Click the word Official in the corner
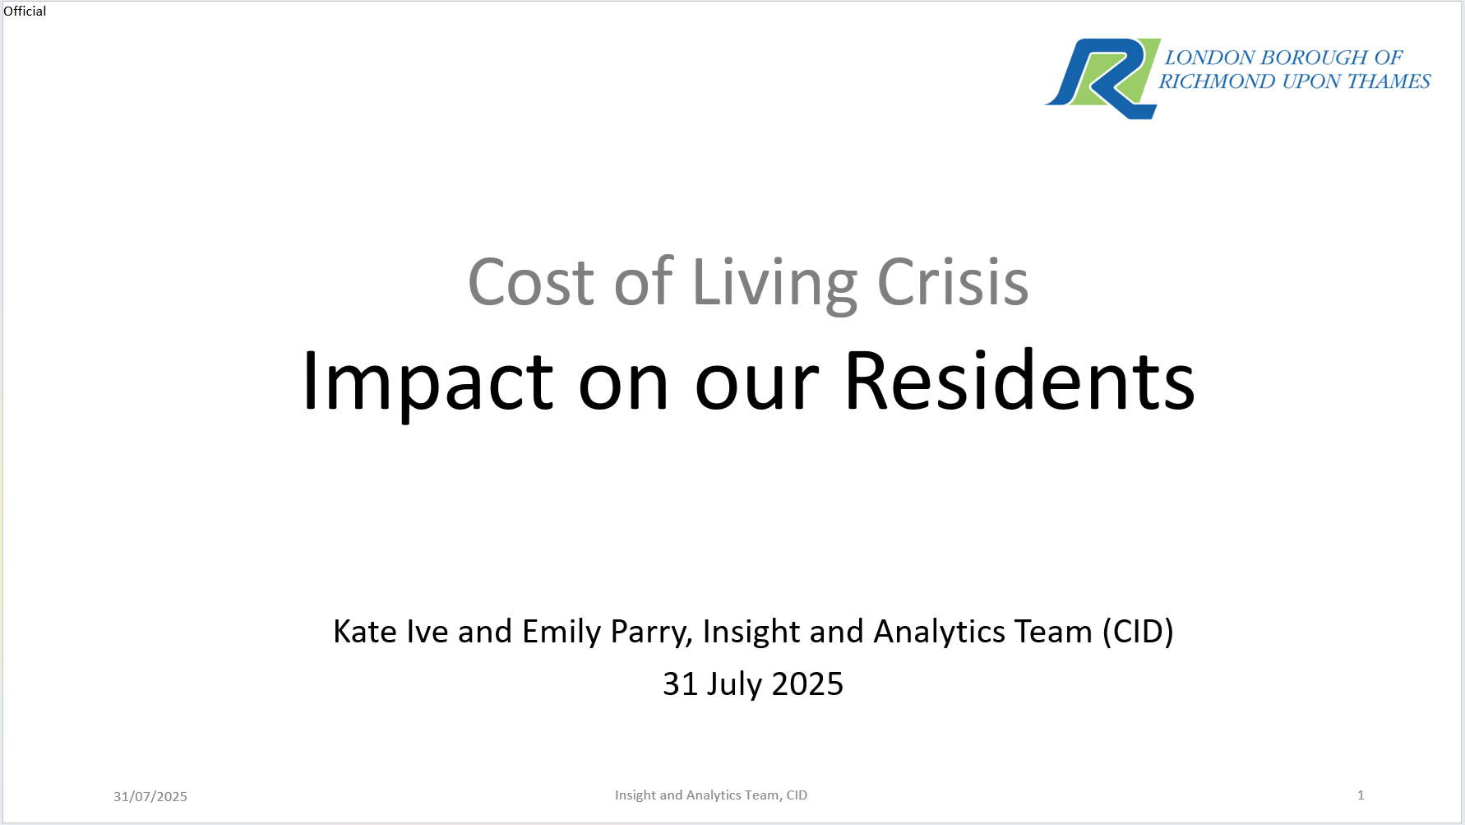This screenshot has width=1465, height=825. (x=25, y=11)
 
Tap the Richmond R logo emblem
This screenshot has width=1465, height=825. (x=1102, y=78)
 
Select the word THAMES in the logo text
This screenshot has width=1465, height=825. (x=1389, y=81)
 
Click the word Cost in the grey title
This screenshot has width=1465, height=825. (x=531, y=282)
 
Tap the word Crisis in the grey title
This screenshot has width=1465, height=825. (x=953, y=282)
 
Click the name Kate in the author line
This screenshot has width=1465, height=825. (x=365, y=632)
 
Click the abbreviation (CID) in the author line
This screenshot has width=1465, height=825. (x=1138, y=632)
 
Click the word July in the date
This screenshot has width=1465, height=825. (x=734, y=684)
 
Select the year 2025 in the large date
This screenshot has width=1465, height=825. (x=807, y=684)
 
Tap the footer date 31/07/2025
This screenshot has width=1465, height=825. (x=150, y=796)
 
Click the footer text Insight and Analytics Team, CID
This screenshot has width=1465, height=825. (x=711, y=795)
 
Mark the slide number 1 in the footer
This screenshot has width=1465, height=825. (x=1361, y=795)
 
